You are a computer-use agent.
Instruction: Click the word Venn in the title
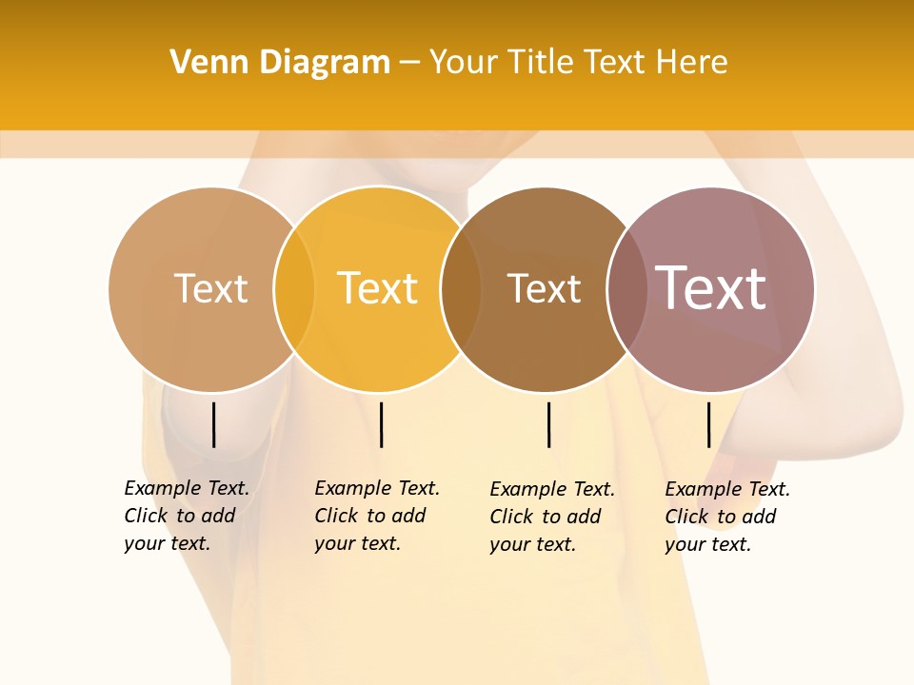point(203,62)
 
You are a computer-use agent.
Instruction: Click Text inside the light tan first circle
point(210,288)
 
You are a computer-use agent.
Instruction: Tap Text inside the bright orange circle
point(378,288)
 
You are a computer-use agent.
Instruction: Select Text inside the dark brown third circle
point(544,288)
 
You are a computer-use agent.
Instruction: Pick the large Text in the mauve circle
point(711,288)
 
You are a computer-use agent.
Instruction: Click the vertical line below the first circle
point(214,424)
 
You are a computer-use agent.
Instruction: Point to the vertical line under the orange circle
point(381,424)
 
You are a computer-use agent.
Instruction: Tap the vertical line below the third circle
point(548,424)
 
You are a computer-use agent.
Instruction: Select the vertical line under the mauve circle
point(708,424)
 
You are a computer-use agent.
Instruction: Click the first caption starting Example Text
point(186,516)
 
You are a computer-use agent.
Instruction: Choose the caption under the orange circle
point(376,516)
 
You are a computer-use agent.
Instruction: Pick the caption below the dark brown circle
point(551,517)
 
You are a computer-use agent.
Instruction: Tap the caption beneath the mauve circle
point(726,517)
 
